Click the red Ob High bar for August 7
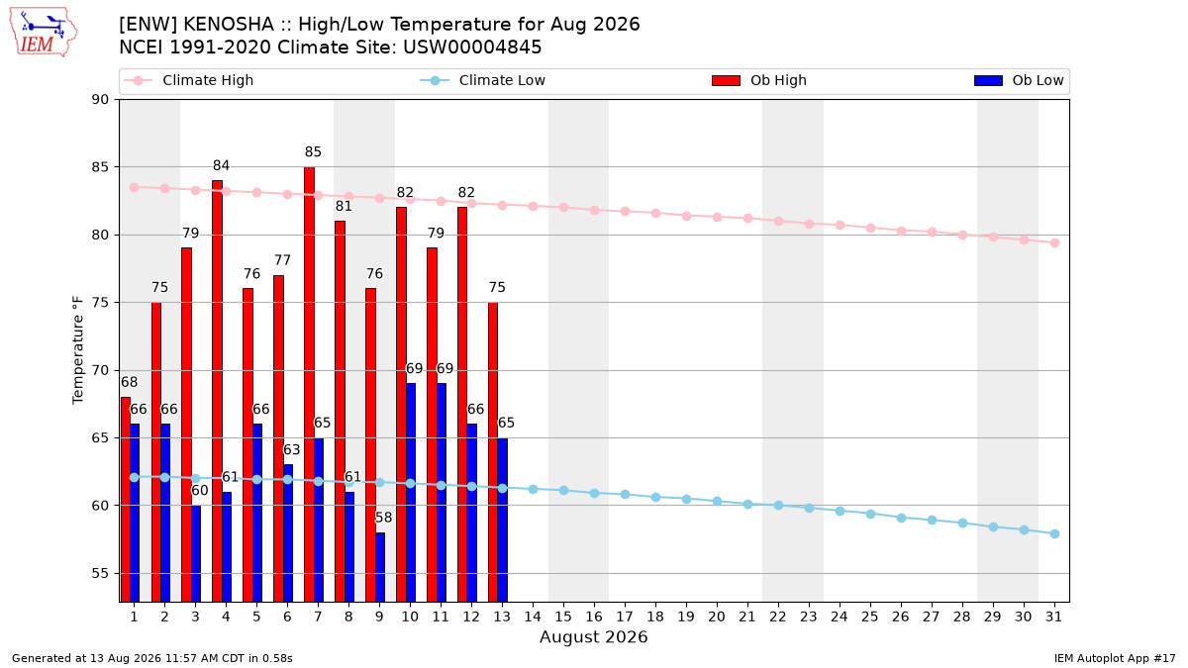point(309,384)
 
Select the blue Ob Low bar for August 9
point(380,567)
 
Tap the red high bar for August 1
point(126,500)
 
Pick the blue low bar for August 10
point(411,493)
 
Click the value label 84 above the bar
point(221,166)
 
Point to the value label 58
point(383,518)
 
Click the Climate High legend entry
point(189,80)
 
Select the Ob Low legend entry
point(1019,80)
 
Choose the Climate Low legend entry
point(483,80)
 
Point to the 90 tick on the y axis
point(100,100)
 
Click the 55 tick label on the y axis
point(100,574)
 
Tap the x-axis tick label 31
point(1053,618)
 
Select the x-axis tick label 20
point(717,618)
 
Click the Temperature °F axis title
point(78,350)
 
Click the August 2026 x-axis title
point(593,636)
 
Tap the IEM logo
point(44,33)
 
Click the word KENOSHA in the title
point(229,25)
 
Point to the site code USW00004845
point(472,48)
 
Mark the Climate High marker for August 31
point(1055,242)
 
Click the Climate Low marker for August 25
point(870,515)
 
